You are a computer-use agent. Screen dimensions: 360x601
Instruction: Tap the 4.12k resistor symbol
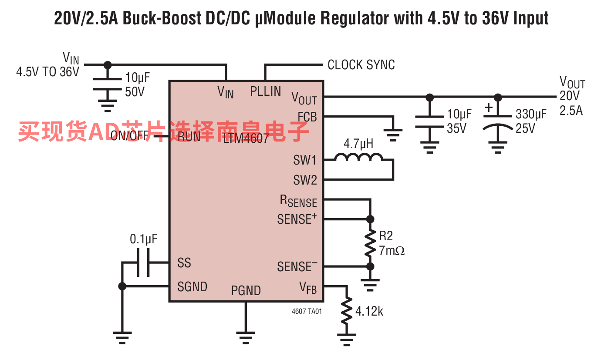click(x=347, y=311)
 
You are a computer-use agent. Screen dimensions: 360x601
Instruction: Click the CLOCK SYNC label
click(x=361, y=65)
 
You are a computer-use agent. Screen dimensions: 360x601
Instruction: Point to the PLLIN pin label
click(x=266, y=91)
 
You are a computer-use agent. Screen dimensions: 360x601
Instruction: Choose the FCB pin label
click(x=307, y=117)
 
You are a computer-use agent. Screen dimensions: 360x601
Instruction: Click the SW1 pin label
click(x=305, y=161)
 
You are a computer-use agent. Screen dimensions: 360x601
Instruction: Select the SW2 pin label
click(x=305, y=180)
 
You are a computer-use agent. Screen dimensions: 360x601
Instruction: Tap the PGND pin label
click(x=246, y=291)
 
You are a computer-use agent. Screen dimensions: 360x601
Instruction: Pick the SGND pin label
click(x=192, y=287)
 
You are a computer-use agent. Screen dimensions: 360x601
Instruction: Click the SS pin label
click(x=184, y=263)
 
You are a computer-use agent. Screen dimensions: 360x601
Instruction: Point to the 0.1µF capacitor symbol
click(x=143, y=262)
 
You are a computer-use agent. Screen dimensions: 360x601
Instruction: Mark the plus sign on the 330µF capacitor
click(x=489, y=107)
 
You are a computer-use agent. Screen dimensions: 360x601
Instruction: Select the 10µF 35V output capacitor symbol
click(x=429, y=121)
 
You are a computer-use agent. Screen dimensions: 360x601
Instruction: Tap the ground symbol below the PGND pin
click(x=246, y=336)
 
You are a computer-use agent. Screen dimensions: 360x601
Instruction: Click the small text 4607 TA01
click(x=307, y=312)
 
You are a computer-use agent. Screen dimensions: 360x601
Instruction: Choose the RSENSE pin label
click(x=298, y=201)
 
